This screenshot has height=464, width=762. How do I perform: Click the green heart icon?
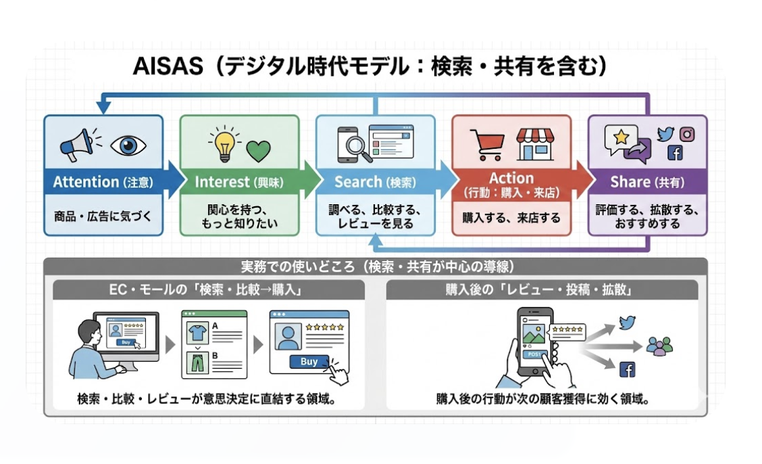coord(258,150)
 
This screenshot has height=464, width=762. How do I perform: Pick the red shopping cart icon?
coord(488,144)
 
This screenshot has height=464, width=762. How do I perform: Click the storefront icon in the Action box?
coord(534,143)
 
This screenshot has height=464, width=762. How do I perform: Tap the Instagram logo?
coord(687,134)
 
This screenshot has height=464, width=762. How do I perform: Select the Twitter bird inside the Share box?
coord(665,134)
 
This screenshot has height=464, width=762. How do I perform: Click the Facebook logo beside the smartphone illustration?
coord(628,369)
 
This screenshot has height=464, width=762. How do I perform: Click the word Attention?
coord(86,182)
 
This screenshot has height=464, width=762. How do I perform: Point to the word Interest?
coord(223,182)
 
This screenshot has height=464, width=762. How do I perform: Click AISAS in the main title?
coord(166,66)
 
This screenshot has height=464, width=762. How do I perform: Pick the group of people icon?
coord(659,346)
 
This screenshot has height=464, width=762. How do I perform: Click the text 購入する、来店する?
coord(511,218)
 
